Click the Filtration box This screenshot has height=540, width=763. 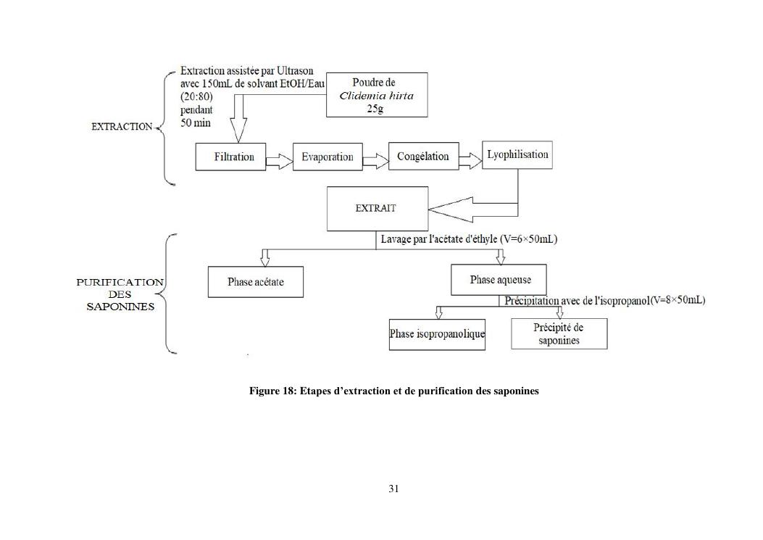click(x=234, y=157)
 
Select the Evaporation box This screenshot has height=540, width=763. click(x=328, y=157)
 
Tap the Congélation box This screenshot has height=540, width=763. click(x=423, y=156)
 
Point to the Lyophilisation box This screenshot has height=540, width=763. click(x=517, y=155)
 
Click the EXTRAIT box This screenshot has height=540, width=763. click(x=377, y=208)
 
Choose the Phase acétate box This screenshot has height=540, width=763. click(x=256, y=281)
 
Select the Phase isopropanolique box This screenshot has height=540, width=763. click(x=437, y=334)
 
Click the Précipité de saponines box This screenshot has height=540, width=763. click(x=559, y=334)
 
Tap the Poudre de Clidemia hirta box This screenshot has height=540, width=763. click(x=377, y=95)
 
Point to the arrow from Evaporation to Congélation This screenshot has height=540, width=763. click(x=375, y=159)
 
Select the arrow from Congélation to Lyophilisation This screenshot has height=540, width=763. click(x=470, y=159)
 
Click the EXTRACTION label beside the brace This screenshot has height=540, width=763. click(x=122, y=127)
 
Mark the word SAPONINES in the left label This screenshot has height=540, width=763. click(x=120, y=307)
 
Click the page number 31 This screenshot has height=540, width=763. click(x=393, y=489)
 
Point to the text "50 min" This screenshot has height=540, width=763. click(x=196, y=122)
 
